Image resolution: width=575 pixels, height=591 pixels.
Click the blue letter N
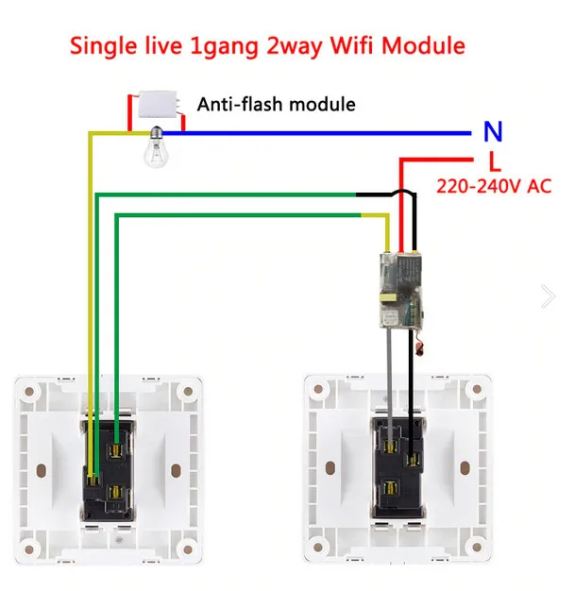tap(493, 132)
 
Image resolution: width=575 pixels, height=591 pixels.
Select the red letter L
tap(495, 161)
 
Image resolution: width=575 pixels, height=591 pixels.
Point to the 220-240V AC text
tap(493, 186)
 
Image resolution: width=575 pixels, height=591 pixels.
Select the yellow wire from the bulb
tap(92, 283)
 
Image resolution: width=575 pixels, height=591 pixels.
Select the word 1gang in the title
tap(211, 44)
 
